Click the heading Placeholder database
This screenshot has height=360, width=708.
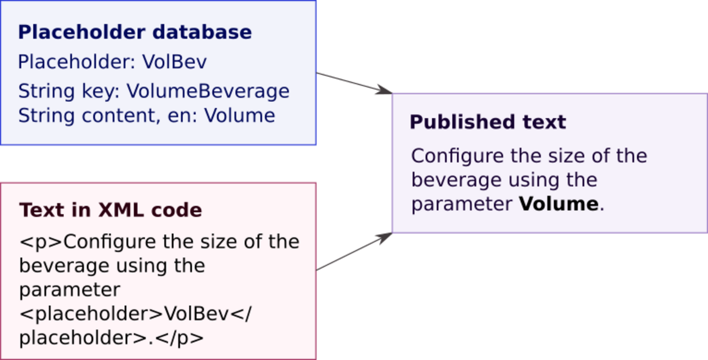135,32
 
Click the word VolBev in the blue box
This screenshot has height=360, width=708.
175,62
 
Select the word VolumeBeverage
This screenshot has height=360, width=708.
208,91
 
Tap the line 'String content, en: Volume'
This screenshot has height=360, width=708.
147,116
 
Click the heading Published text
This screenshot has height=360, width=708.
488,122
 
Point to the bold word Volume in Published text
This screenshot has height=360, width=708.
559,204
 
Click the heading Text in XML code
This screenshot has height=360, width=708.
111,210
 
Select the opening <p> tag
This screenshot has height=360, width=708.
41,242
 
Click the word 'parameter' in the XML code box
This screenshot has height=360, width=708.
69,290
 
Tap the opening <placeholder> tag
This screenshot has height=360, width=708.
91,314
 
